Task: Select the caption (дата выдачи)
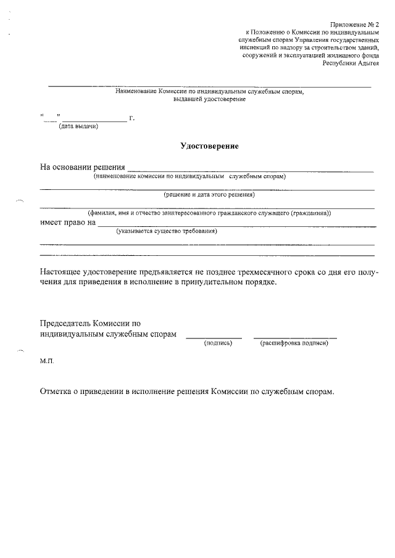(x=78, y=127)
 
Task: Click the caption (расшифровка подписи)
(x=294, y=343)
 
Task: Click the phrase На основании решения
(x=83, y=167)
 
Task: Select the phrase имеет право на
(x=68, y=223)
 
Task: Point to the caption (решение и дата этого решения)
(x=209, y=195)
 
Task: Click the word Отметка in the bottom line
(x=57, y=392)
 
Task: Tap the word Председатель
(x=65, y=323)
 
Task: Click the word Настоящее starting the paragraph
(x=62, y=272)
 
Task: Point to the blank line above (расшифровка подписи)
(x=294, y=337)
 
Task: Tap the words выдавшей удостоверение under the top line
(x=209, y=99)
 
